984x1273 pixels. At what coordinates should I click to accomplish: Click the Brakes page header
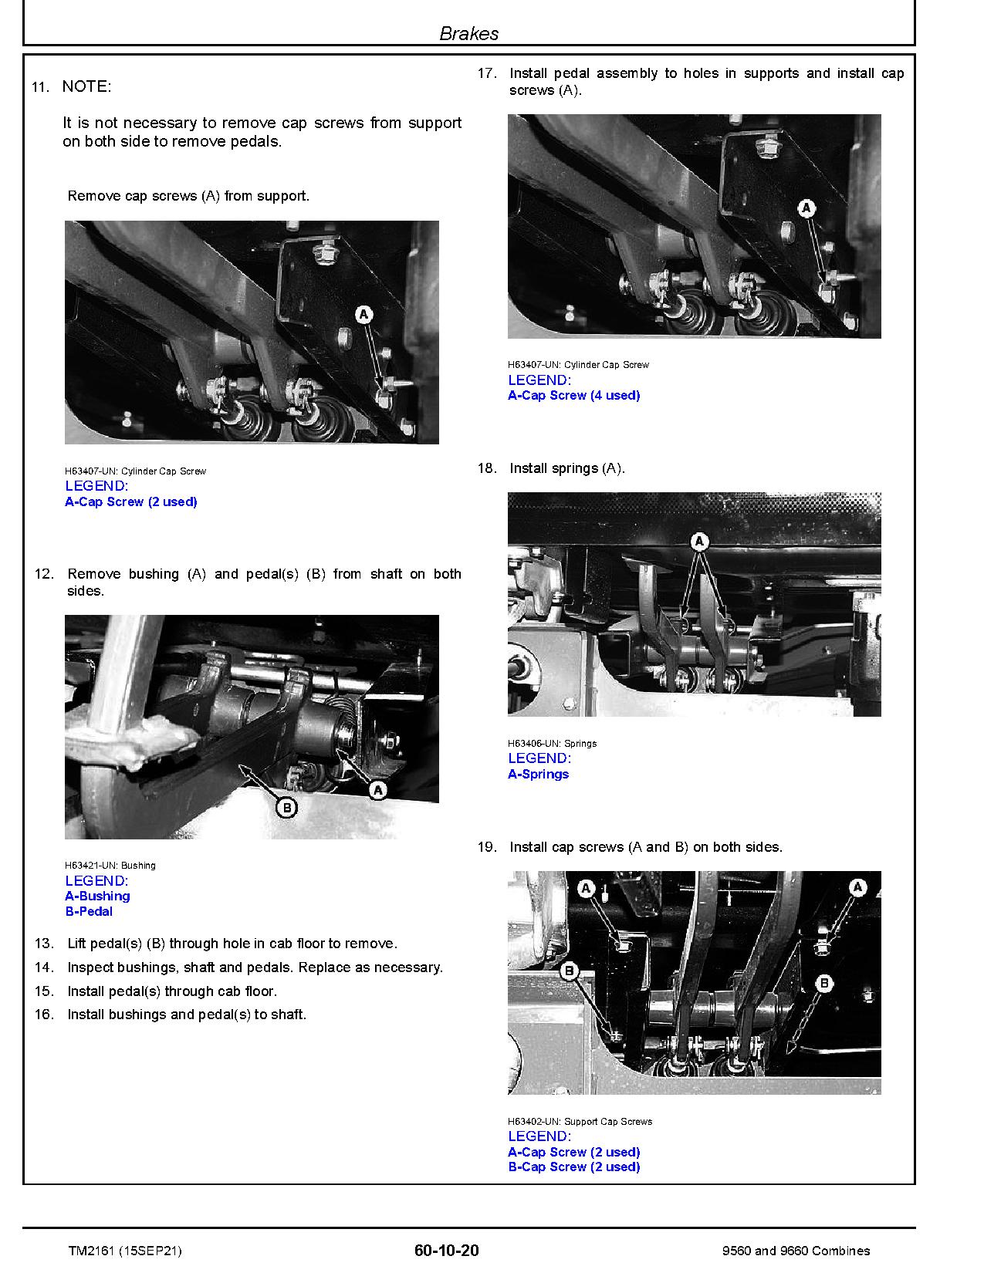(468, 33)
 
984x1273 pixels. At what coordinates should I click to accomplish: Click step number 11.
(40, 87)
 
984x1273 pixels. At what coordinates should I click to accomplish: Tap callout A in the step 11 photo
(364, 314)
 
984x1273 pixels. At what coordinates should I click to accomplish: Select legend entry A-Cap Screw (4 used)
(573, 396)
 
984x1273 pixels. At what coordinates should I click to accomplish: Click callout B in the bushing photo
(286, 808)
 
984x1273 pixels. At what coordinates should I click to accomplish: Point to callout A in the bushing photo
(378, 789)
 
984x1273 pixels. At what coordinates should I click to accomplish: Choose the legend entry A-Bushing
(97, 897)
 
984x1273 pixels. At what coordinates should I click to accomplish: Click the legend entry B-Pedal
(89, 912)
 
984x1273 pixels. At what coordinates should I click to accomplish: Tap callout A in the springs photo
(699, 542)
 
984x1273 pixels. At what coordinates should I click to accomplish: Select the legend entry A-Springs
(538, 775)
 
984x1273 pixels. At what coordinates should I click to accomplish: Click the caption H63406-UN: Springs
(552, 744)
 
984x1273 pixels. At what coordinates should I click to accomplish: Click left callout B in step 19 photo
(570, 970)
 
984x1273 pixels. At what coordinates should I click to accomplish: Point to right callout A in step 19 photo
(858, 887)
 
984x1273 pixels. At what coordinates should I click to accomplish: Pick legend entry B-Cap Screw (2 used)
(573, 1167)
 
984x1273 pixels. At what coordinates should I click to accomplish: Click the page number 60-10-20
(446, 1251)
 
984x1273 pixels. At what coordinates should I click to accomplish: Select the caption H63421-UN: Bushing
(110, 866)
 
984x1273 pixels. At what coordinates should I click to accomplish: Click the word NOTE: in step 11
(86, 87)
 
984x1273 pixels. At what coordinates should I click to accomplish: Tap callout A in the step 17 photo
(806, 208)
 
